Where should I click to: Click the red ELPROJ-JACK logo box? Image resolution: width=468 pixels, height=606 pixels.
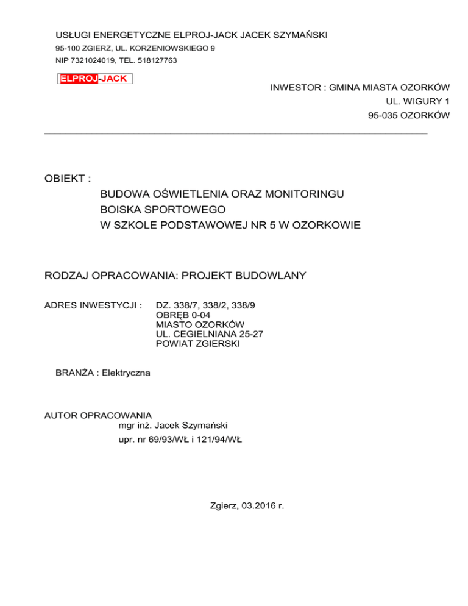click(x=94, y=79)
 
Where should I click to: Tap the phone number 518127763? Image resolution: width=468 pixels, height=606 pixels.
click(x=157, y=60)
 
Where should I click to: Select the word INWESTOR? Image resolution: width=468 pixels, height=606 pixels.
click(x=294, y=88)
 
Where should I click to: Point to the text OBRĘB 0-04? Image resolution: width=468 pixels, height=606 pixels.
click(x=184, y=314)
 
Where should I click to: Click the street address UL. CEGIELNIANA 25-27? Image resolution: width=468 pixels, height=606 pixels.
click(x=210, y=333)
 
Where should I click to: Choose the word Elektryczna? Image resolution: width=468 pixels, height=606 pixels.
click(x=119, y=372)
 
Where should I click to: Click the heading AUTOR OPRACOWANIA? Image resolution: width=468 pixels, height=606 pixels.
click(x=98, y=415)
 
